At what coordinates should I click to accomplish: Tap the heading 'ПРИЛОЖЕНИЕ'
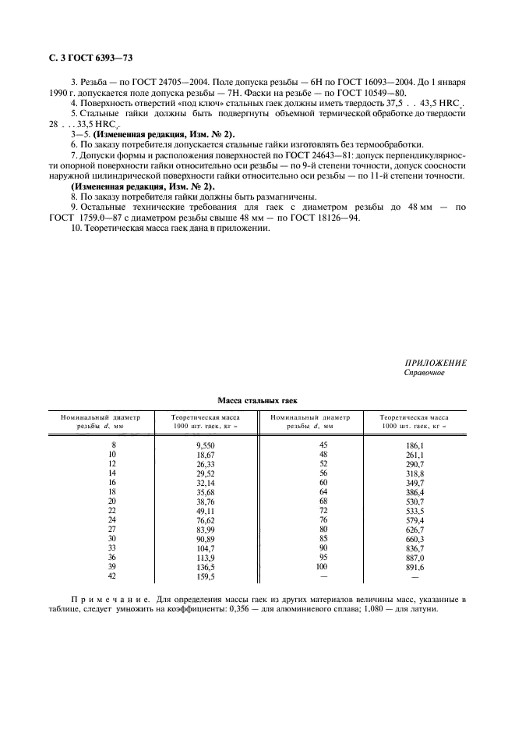436,363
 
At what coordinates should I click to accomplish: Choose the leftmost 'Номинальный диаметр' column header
101,422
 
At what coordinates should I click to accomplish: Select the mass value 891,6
414,568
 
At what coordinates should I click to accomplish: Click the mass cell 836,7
414,547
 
